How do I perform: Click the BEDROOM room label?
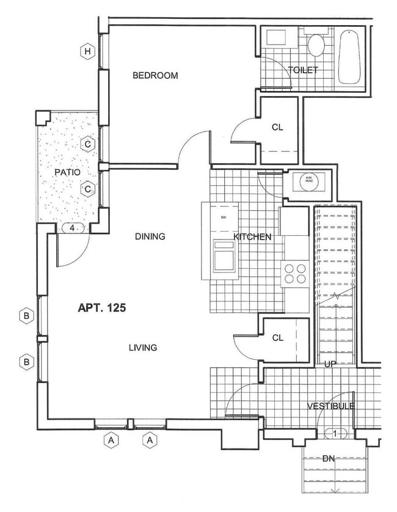tap(155, 76)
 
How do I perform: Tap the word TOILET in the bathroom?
tap(303, 70)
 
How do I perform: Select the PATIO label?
tap(67, 172)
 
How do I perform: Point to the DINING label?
tap(150, 236)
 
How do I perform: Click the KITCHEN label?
tap(252, 236)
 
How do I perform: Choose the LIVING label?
tap(143, 348)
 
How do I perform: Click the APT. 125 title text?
tap(101, 308)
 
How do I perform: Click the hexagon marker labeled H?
tap(88, 51)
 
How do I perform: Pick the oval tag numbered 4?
tap(73, 229)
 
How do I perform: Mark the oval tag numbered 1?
tap(335, 434)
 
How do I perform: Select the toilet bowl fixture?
tap(316, 45)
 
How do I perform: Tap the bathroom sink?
tap(276, 37)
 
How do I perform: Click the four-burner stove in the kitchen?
tap(294, 272)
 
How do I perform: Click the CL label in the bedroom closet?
tap(278, 127)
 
